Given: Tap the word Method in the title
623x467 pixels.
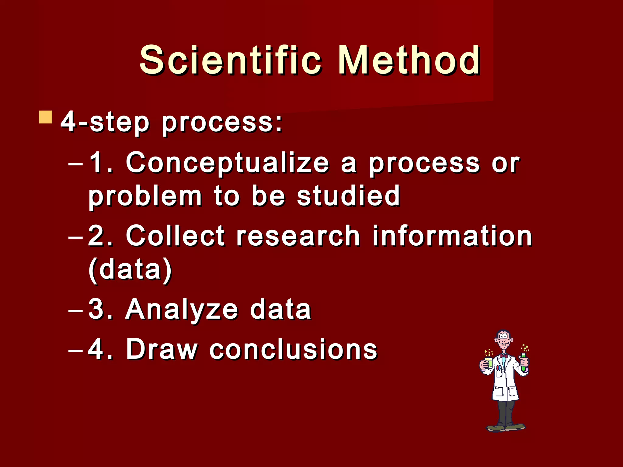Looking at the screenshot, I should (x=409, y=60).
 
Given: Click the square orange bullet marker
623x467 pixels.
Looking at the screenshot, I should (x=46, y=117).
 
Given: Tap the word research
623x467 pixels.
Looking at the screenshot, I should (x=298, y=237).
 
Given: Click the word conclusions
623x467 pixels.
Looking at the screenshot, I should (x=293, y=350).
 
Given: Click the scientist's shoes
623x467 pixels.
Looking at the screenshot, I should (x=506, y=427).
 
